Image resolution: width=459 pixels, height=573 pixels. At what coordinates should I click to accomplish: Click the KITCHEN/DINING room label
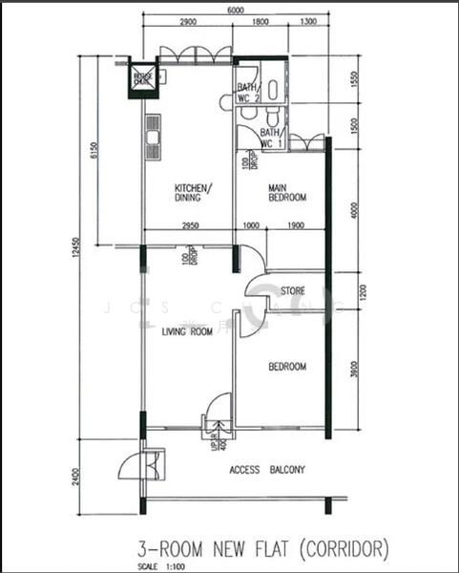coord(193,192)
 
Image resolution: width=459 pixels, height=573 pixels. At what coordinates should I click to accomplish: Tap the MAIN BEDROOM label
coord(286,192)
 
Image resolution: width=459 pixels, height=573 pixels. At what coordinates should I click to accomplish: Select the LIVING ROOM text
coord(186,332)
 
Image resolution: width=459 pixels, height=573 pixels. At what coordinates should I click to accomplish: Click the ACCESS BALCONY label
coord(267,470)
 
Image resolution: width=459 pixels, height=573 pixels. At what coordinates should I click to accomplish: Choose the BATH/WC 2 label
coord(249,92)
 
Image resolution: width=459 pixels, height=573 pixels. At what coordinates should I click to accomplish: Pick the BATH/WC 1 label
coord(271,138)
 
